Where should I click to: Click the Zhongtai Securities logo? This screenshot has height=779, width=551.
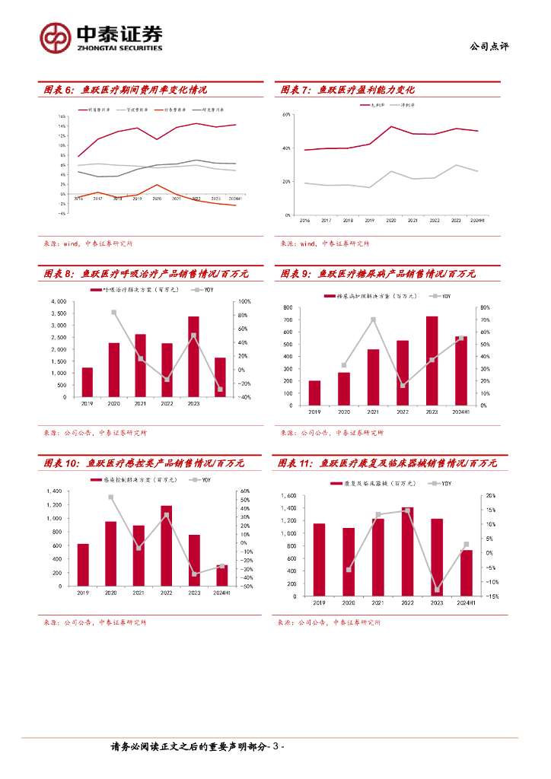click(x=101, y=36)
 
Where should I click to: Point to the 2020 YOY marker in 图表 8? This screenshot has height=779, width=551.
click(x=114, y=313)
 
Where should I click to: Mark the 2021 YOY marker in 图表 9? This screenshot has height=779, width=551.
click(x=373, y=320)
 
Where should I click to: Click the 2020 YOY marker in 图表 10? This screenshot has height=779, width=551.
click(x=111, y=498)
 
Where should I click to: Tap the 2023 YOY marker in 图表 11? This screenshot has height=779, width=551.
click(x=437, y=590)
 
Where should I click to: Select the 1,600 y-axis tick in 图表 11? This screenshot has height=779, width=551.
click(x=286, y=496)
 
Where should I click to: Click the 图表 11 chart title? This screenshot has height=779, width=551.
click(x=387, y=463)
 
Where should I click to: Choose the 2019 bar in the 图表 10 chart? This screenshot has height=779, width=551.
click(x=83, y=564)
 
